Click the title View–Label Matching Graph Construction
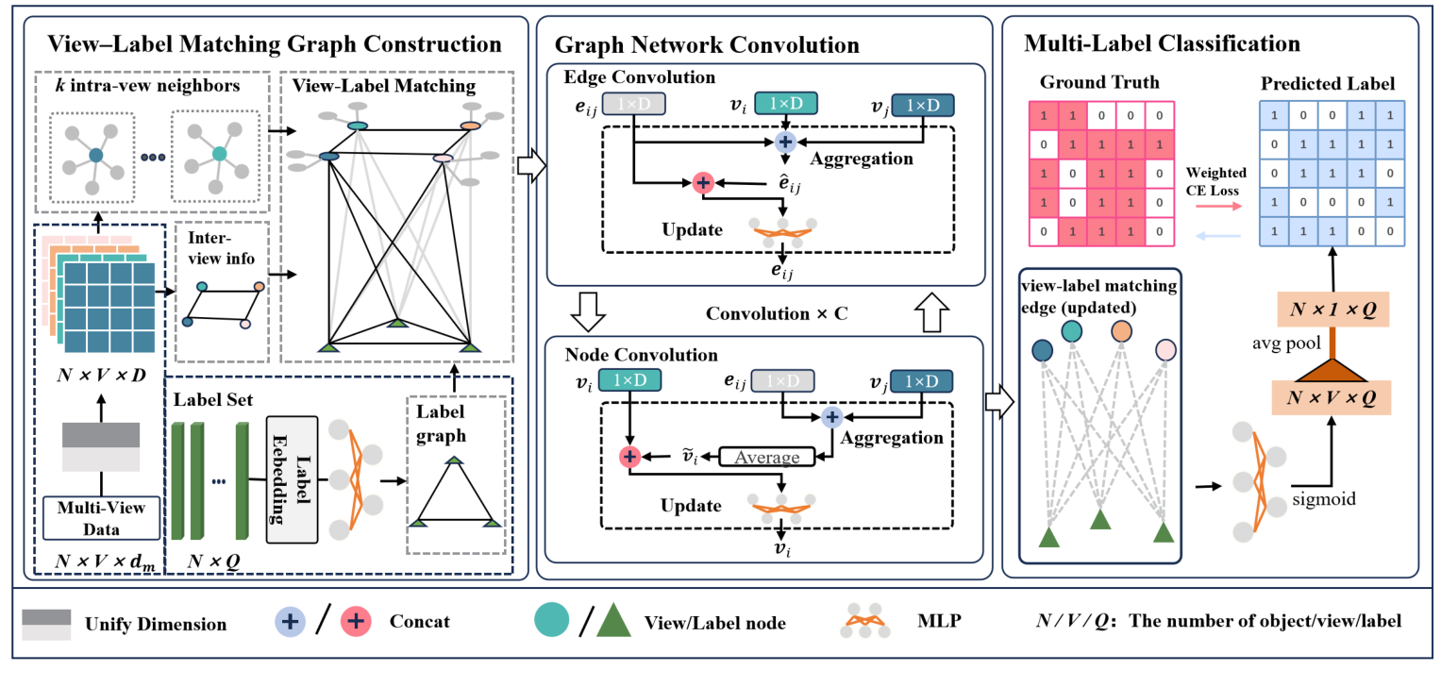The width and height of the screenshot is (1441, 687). coord(275,43)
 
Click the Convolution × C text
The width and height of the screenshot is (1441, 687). coord(778,313)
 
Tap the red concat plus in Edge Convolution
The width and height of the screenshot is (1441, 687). coord(702,183)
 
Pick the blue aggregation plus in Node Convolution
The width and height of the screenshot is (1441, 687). coord(831,415)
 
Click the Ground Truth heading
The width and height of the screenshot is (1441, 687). coord(1098,82)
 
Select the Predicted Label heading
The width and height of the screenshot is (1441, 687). coord(1327,82)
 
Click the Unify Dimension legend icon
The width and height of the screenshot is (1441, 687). coord(47,625)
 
